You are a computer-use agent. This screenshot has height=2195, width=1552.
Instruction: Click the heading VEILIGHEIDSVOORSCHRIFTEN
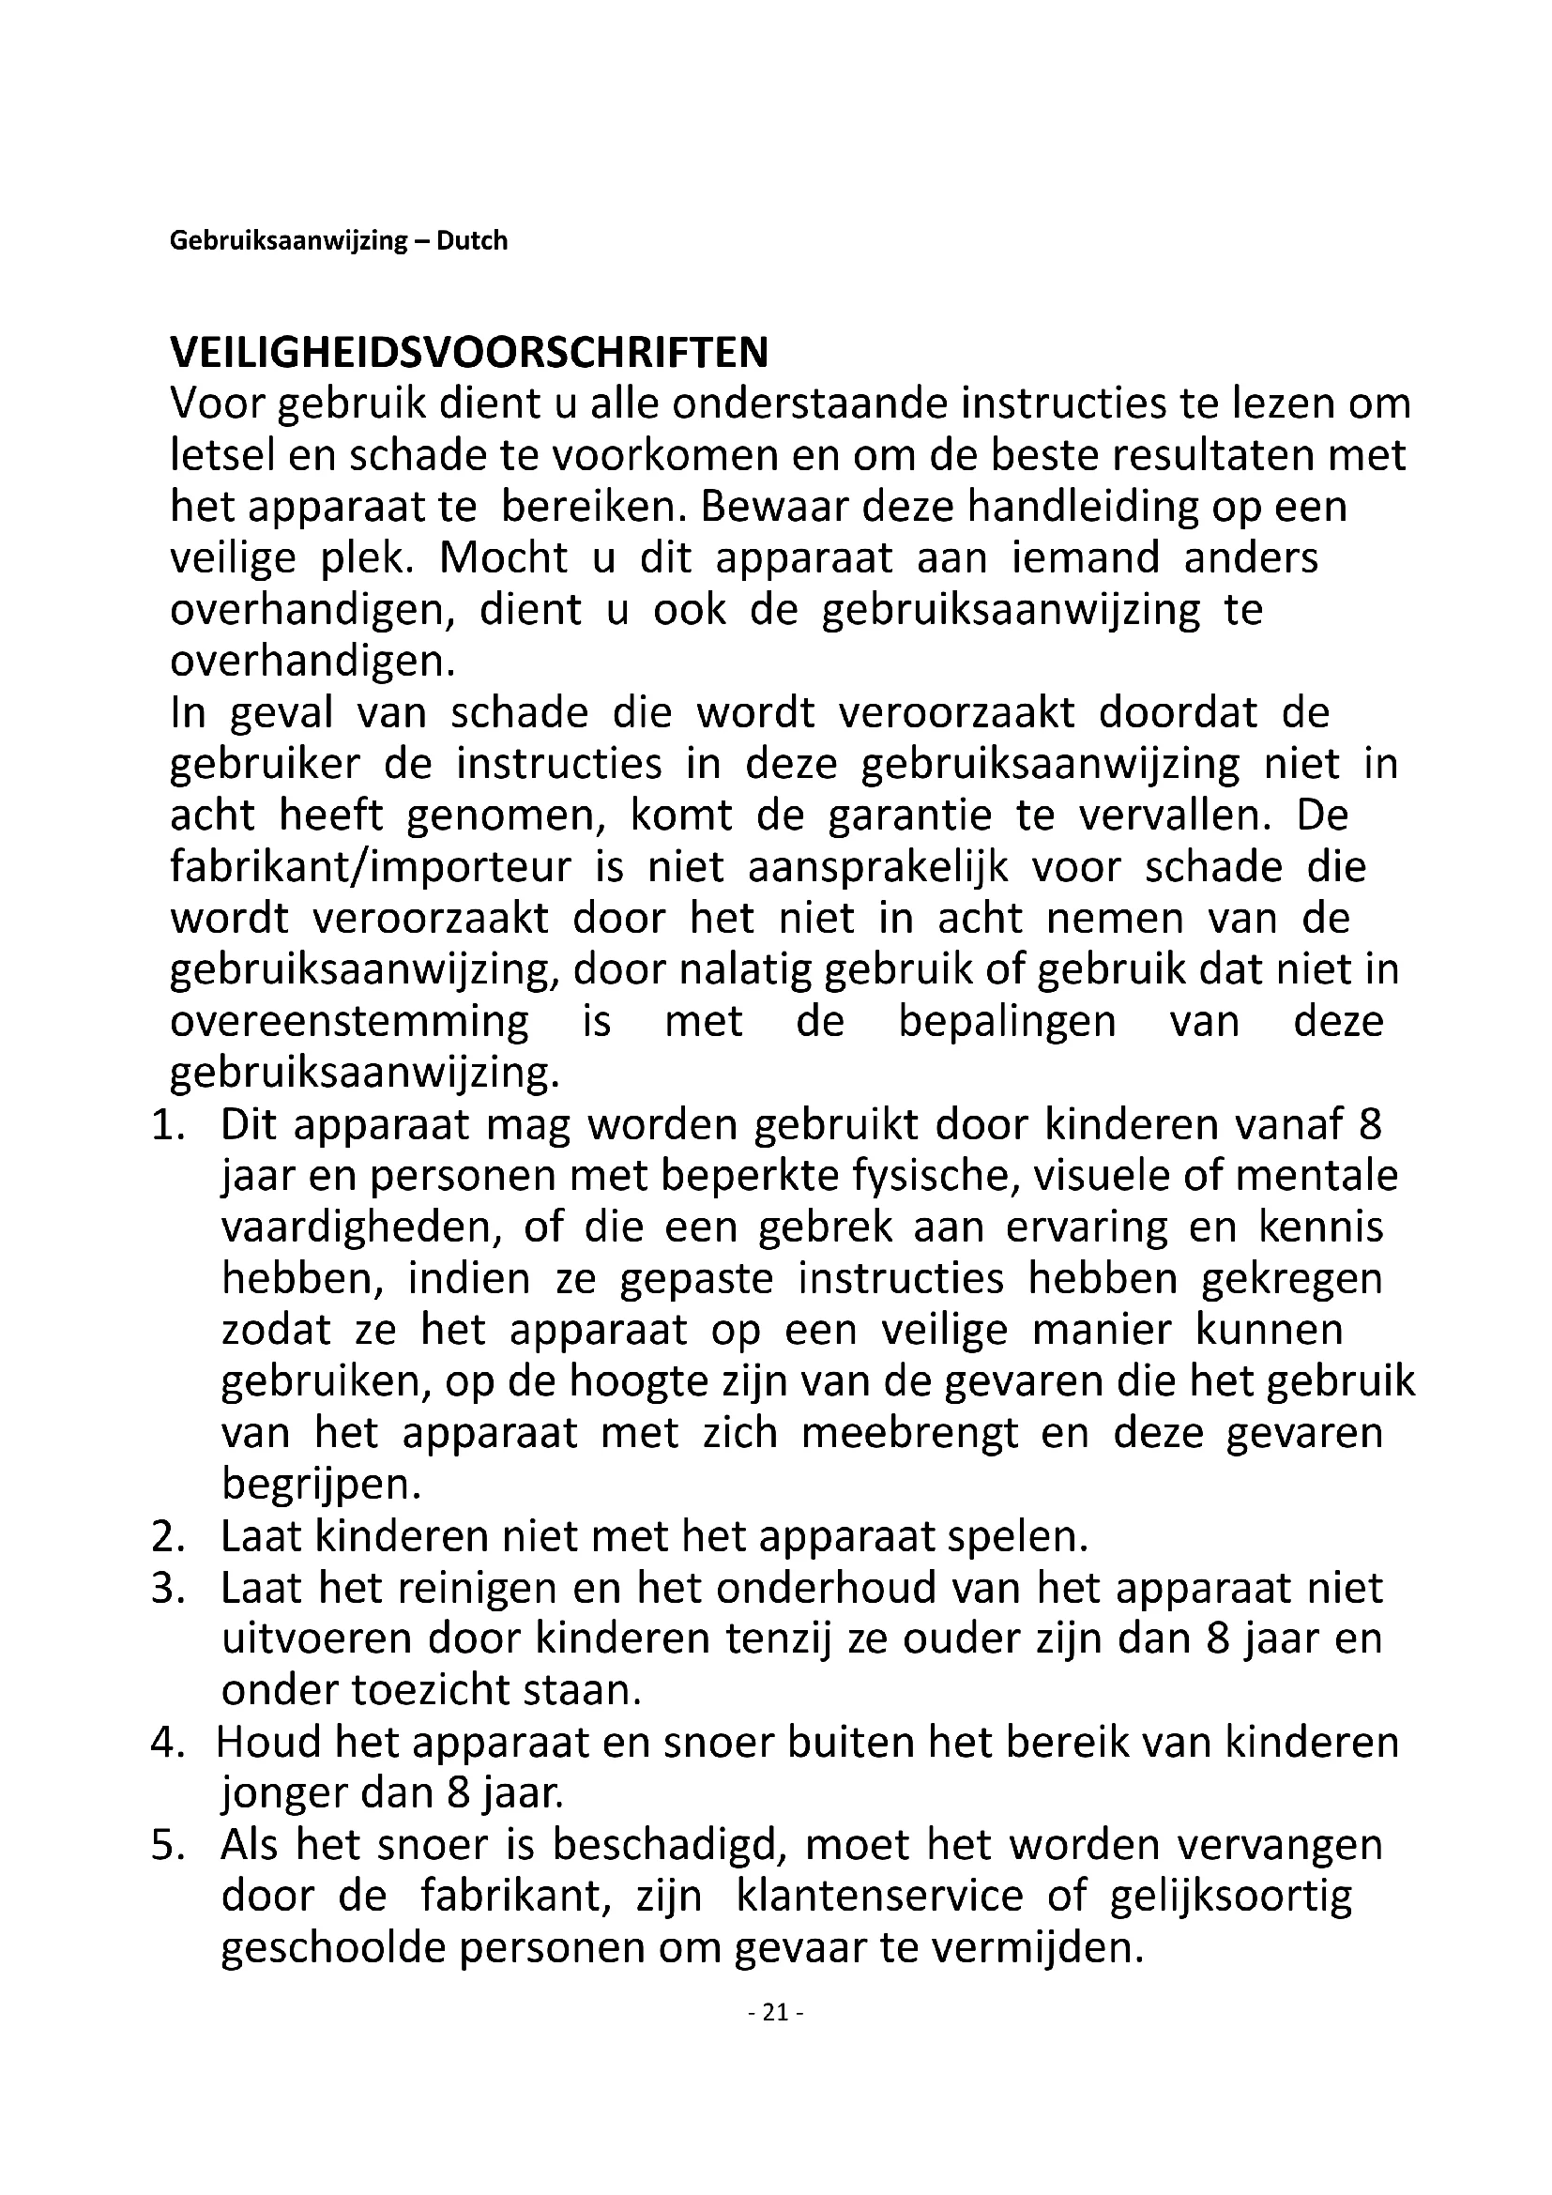[468, 353]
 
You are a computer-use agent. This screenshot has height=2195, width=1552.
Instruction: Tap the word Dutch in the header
[472, 240]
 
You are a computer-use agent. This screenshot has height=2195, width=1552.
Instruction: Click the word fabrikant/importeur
[371, 867]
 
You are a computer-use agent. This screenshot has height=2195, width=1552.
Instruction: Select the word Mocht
[503, 558]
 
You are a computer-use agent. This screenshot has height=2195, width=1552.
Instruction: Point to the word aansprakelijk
[878, 867]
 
